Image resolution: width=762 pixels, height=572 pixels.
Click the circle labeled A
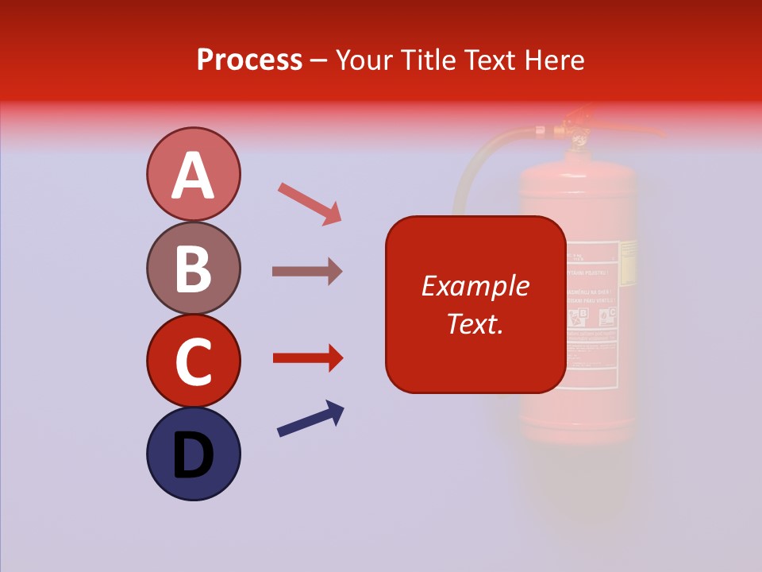click(x=193, y=174)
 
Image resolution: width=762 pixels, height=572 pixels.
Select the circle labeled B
click(x=193, y=268)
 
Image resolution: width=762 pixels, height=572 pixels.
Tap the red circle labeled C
click(x=193, y=361)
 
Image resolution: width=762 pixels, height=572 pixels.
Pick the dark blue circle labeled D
click(x=193, y=454)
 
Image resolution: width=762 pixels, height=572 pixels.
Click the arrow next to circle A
click(x=310, y=203)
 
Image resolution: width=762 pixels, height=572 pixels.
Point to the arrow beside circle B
click(x=307, y=271)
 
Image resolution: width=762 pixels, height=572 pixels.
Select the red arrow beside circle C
click(x=308, y=358)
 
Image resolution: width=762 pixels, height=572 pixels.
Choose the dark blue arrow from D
click(x=310, y=419)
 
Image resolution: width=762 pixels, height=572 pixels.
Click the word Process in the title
click(x=249, y=60)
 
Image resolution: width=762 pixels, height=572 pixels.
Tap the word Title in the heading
click(x=426, y=60)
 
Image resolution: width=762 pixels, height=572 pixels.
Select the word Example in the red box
click(x=475, y=286)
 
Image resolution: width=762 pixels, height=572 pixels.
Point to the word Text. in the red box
click(x=475, y=323)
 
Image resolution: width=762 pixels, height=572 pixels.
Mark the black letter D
click(x=193, y=456)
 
